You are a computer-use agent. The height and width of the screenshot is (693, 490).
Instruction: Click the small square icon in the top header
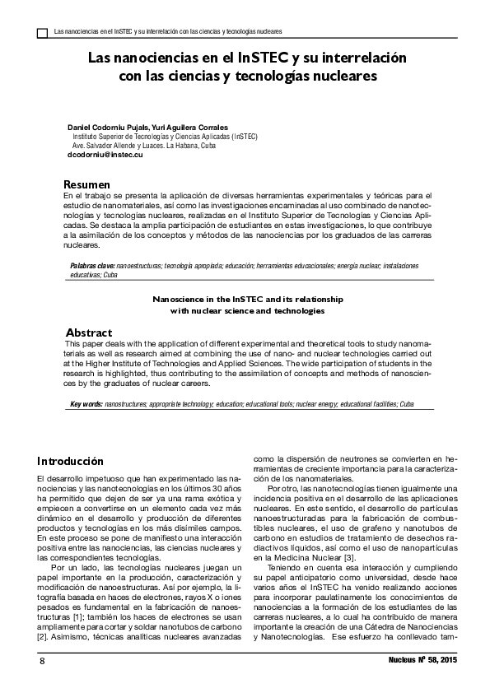pyautogui.click(x=43, y=32)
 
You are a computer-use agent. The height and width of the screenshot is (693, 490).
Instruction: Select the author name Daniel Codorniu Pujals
pyautogui.click(x=108, y=128)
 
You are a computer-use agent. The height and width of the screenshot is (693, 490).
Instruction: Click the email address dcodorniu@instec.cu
pyautogui.click(x=105, y=155)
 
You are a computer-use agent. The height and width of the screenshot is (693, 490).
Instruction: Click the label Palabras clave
pyautogui.click(x=92, y=267)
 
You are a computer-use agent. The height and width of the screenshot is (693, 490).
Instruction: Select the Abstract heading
pyautogui.click(x=88, y=333)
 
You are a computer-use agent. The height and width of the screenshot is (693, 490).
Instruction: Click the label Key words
pyautogui.click(x=86, y=404)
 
